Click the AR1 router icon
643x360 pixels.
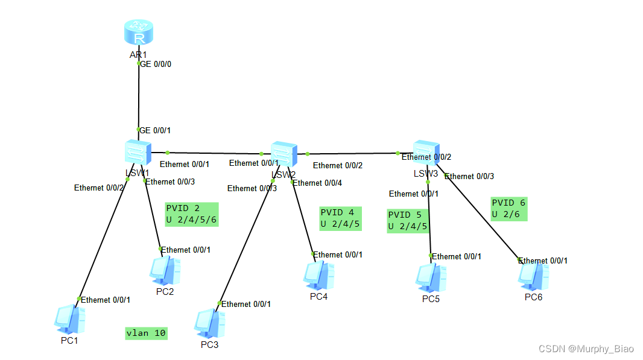click(x=139, y=33)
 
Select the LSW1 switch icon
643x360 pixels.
click(x=138, y=153)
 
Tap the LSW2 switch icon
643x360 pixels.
click(x=283, y=154)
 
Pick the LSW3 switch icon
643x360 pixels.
click(x=426, y=153)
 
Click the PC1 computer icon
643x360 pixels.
click(x=70, y=320)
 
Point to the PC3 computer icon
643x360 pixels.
click(x=209, y=324)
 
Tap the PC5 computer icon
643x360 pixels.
click(x=431, y=277)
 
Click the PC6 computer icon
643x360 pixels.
click(x=533, y=276)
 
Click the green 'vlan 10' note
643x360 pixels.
click(x=146, y=333)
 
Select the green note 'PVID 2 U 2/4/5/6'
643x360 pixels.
click(x=191, y=214)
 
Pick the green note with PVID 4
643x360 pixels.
click(x=340, y=218)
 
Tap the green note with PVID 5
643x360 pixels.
click(x=408, y=221)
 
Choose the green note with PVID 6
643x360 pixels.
click(x=508, y=209)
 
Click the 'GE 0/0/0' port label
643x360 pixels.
click(x=156, y=63)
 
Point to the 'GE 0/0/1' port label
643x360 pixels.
click(x=156, y=130)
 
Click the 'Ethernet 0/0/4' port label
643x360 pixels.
click(x=317, y=183)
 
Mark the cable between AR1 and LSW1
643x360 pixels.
click(x=139, y=96)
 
